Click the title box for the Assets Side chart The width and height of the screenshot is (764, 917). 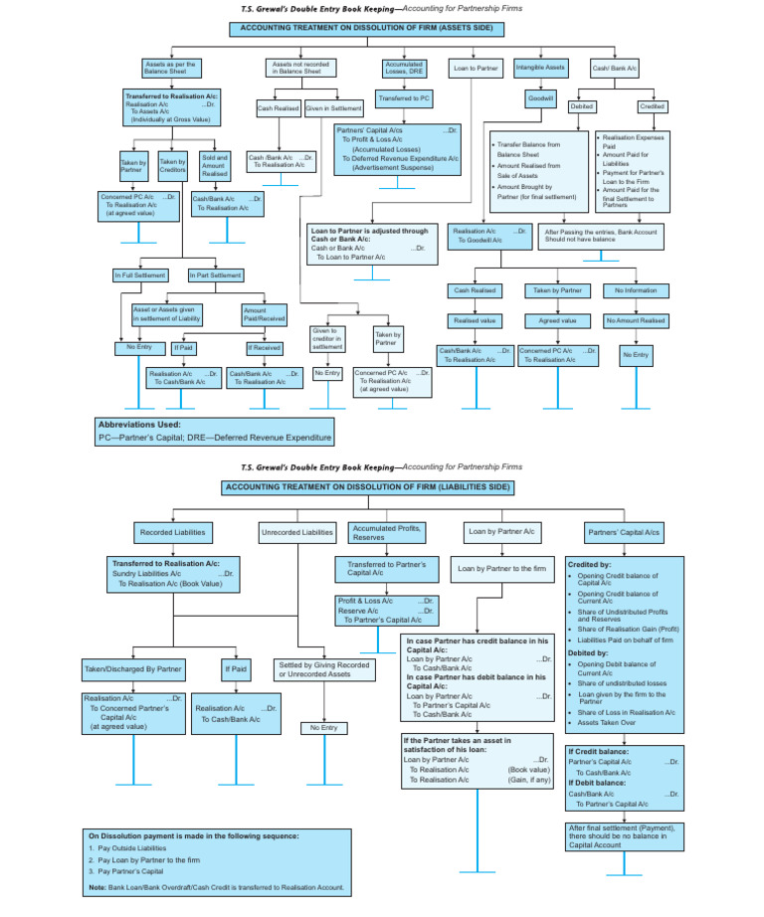point(368,29)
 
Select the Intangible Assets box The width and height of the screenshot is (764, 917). point(541,68)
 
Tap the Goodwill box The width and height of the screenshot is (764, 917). point(541,99)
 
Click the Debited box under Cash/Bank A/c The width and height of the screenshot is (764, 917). point(582,106)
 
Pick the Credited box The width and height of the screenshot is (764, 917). point(652,106)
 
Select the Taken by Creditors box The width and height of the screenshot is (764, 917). point(174,166)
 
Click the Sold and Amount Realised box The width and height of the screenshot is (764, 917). point(215,166)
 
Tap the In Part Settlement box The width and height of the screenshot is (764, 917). point(216,275)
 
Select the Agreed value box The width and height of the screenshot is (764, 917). point(557,321)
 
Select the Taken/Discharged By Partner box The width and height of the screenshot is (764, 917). point(133,669)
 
